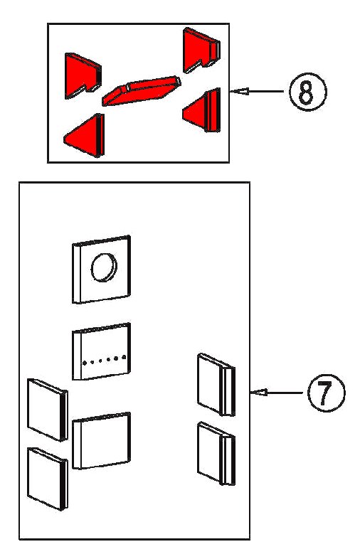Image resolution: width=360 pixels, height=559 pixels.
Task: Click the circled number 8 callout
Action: tap(307, 92)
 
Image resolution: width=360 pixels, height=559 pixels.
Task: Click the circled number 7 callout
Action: tap(326, 393)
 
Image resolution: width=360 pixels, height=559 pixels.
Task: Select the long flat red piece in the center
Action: tap(142, 90)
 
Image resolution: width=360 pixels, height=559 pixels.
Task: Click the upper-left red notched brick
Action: tap(83, 76)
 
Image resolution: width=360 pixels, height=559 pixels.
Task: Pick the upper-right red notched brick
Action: tap(201, 50)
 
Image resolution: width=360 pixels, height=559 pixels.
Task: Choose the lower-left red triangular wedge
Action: tap(85, 136)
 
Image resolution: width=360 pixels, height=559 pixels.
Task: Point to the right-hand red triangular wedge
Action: tap(202, 110)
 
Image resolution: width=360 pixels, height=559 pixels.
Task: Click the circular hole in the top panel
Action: tap(104, 267)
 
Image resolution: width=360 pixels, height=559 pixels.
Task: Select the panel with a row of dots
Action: tap(101, 351)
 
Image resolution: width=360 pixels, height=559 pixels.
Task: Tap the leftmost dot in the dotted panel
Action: tap(85, 363)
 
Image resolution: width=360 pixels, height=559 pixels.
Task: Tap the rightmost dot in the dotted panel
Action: tap(125, 356)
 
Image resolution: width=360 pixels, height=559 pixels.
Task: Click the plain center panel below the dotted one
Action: tap(101, 441)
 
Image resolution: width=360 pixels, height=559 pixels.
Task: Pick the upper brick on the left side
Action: tap(48, 410)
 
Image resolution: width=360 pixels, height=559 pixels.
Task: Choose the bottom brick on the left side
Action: tap(48, 479)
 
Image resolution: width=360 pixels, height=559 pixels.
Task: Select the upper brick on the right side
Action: tap(216, 385)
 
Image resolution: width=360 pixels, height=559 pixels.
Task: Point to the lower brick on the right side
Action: tap(216, 454)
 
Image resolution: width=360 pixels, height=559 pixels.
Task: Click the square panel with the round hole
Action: tap(101, 270)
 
